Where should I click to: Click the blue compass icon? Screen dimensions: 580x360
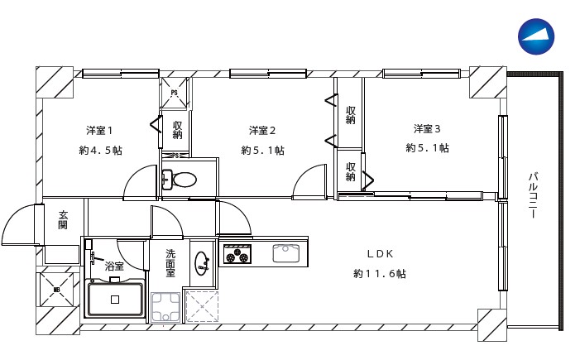535,36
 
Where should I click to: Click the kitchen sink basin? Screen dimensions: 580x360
286,253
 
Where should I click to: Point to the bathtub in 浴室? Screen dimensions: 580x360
115,298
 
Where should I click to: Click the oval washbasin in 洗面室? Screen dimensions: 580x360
202,263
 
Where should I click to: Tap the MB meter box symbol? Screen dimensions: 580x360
56,290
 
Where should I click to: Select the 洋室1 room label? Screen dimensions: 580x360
99,130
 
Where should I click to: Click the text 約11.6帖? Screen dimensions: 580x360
380,274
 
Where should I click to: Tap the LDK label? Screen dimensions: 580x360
380,254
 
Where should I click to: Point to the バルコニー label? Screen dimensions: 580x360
533,195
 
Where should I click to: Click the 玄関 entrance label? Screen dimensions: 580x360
63,220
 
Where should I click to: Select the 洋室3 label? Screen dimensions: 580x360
427,129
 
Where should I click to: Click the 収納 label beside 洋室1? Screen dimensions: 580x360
178,129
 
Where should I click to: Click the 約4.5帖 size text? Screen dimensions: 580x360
100,151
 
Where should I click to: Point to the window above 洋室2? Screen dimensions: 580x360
268,74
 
